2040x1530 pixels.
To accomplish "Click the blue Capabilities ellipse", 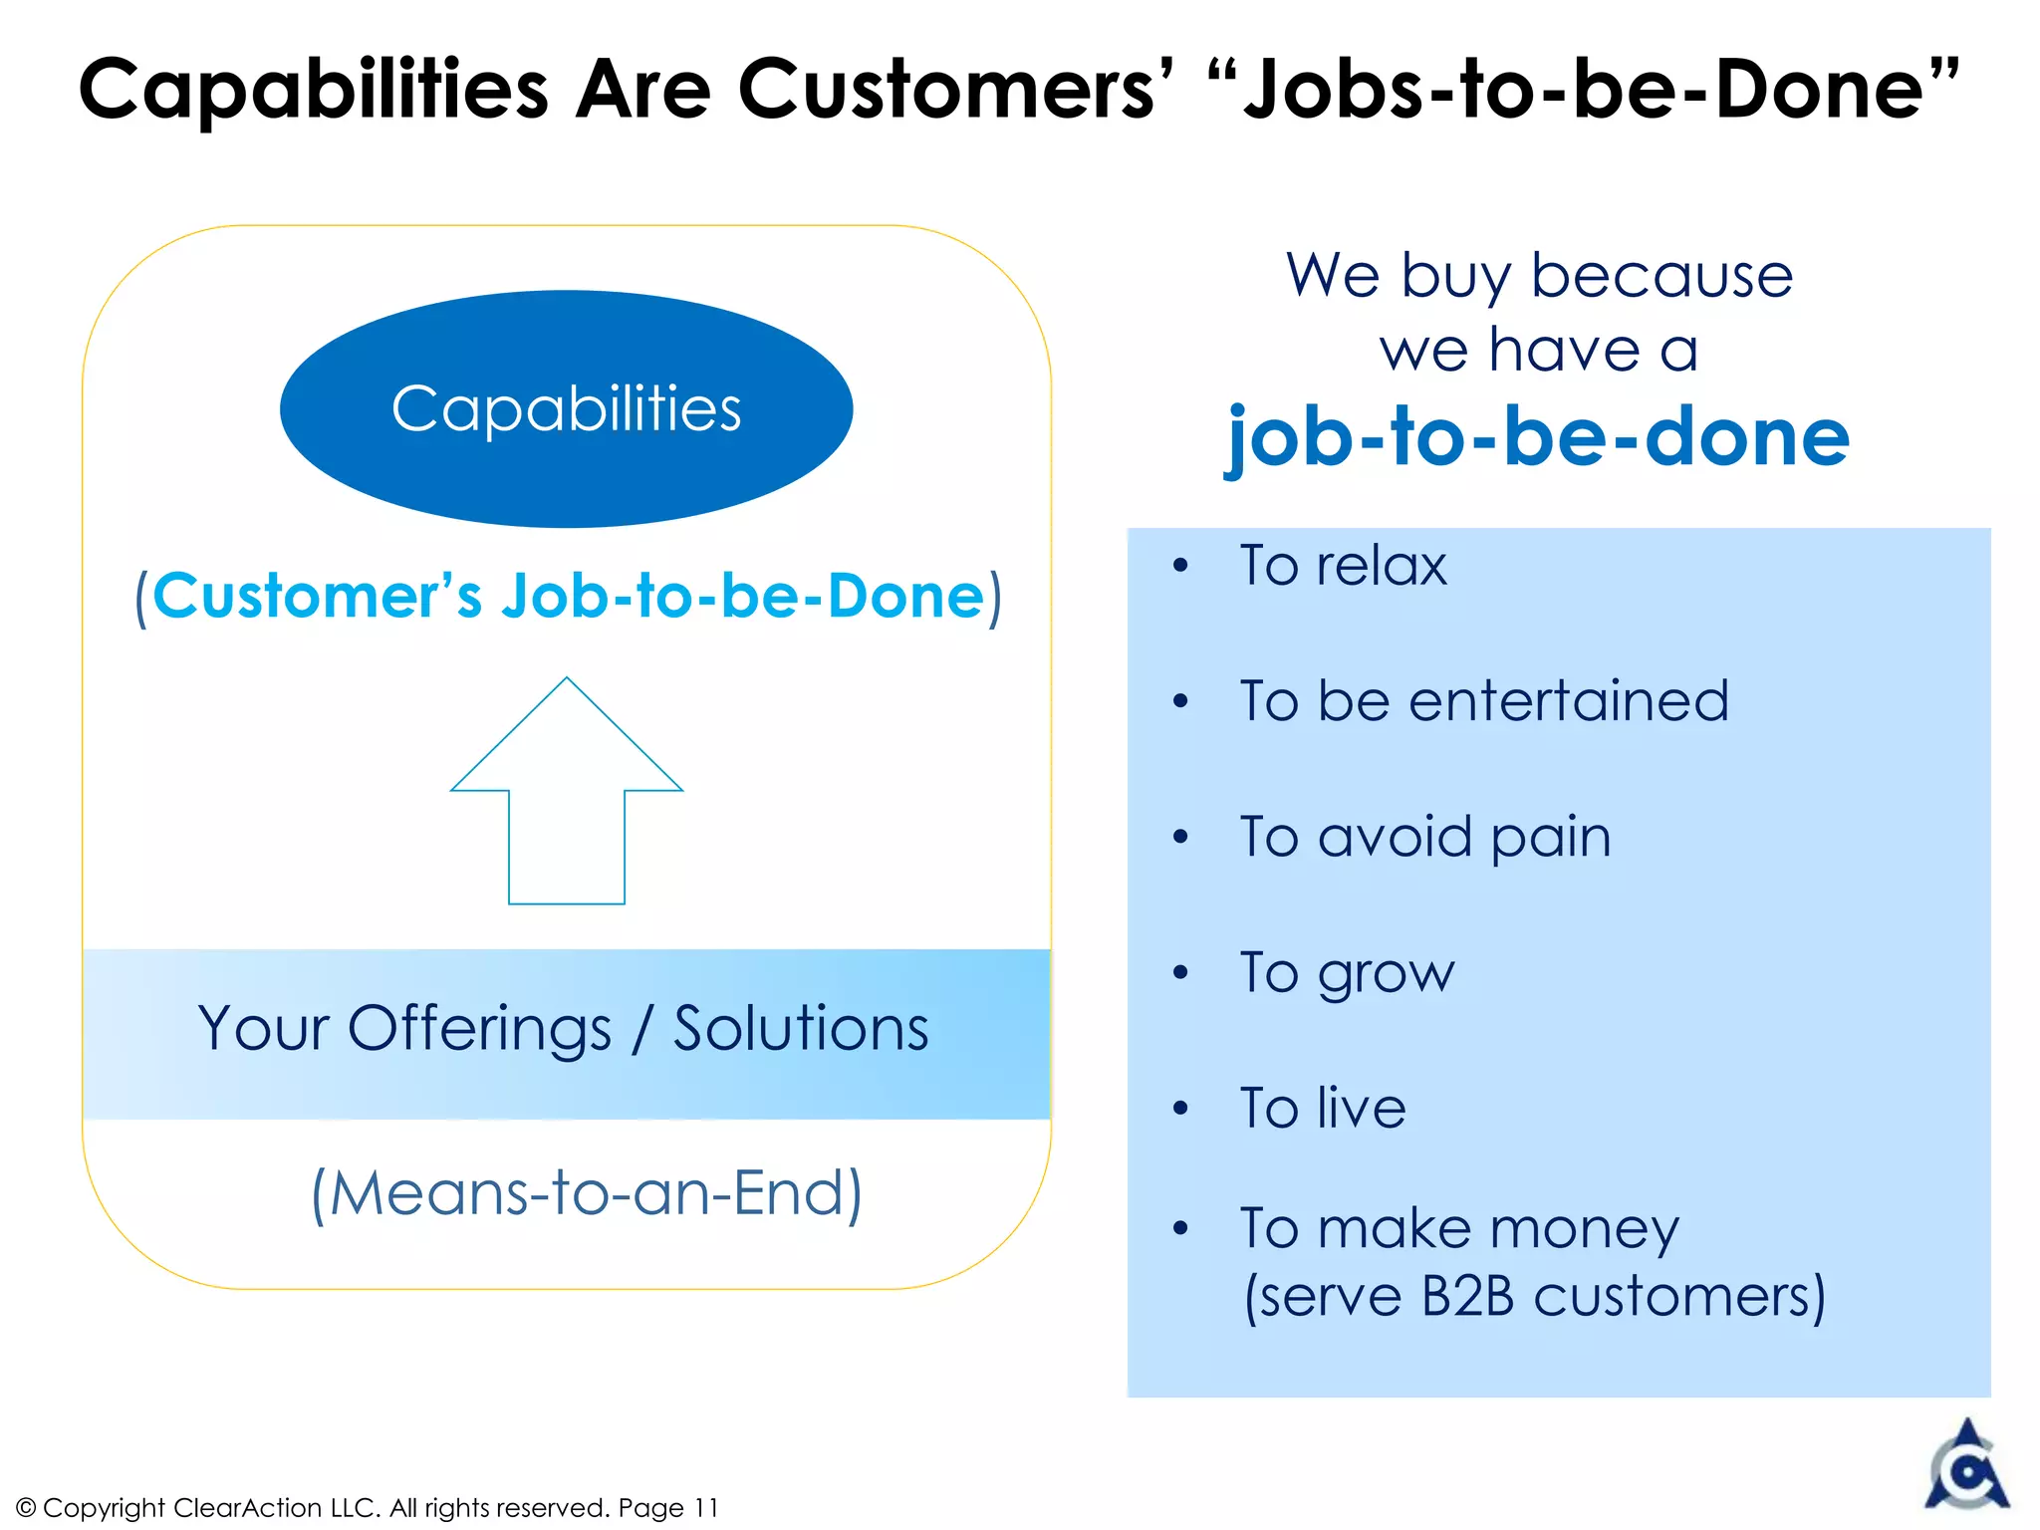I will pos(566,408).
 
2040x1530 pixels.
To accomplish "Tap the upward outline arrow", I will pos(566,797).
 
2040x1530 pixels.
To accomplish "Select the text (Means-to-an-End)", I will pos(587,1192).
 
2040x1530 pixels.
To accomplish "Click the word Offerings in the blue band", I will pos(479,1029).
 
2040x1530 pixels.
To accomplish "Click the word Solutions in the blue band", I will pos(801,1029).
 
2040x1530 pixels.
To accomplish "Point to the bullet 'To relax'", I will pos(1342,566).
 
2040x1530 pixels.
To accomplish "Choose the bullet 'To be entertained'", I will pos(1483,700).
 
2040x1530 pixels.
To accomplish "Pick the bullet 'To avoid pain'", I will pos(1424,837).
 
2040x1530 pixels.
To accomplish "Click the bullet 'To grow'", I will pos(1347,973).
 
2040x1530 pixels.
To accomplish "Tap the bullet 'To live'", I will pos(1322,1108).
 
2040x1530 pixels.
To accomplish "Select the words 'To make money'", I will pos(1459,1228).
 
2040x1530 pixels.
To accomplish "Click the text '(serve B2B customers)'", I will pos(1534,1297).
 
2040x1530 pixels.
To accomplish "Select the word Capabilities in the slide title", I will pos(314,90).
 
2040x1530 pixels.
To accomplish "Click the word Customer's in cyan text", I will pos(317,597).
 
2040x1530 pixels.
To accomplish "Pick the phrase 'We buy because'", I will pos(1539,275).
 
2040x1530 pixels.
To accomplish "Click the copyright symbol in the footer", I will pos(26,1508).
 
